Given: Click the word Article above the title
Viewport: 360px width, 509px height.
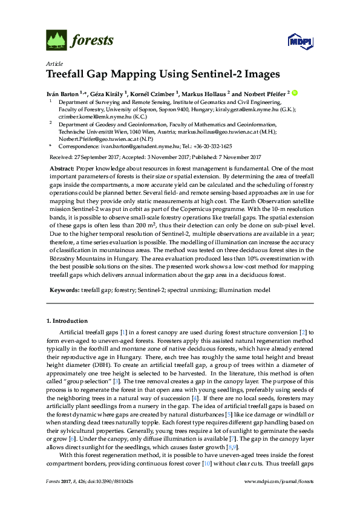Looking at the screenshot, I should coord(53,63).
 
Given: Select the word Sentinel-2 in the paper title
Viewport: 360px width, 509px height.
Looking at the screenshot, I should coord(224,75).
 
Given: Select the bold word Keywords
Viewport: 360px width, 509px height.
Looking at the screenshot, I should coord(63,290).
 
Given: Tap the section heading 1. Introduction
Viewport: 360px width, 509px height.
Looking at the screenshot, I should coord(67,320).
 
